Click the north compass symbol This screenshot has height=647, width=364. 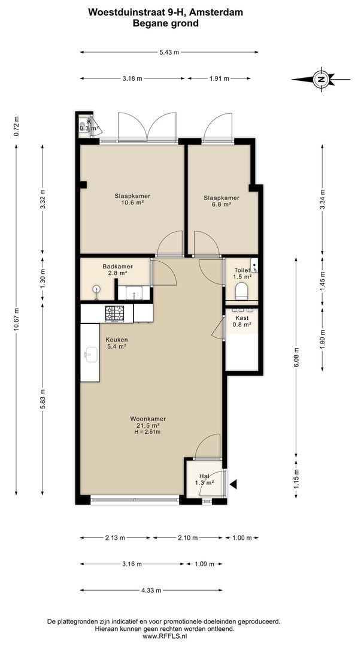(x=321, y=79)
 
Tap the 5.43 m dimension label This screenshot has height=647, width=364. (x=169, y=52)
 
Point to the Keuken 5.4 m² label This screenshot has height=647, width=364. (x=117, y=343)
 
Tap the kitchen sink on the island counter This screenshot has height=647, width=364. (x=90, y=354)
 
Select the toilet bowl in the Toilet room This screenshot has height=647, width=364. (x=242, y=291)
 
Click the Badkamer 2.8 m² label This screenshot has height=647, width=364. (x=117, y=270)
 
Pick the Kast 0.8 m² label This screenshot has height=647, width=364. (x=242, y=322)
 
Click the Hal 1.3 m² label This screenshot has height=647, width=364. (x=204, y=479)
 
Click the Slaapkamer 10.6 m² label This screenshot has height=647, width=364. (x=132, y=199)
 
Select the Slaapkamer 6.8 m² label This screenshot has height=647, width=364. (x=221, y=201)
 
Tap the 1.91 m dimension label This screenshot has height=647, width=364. (x=219, y=78)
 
